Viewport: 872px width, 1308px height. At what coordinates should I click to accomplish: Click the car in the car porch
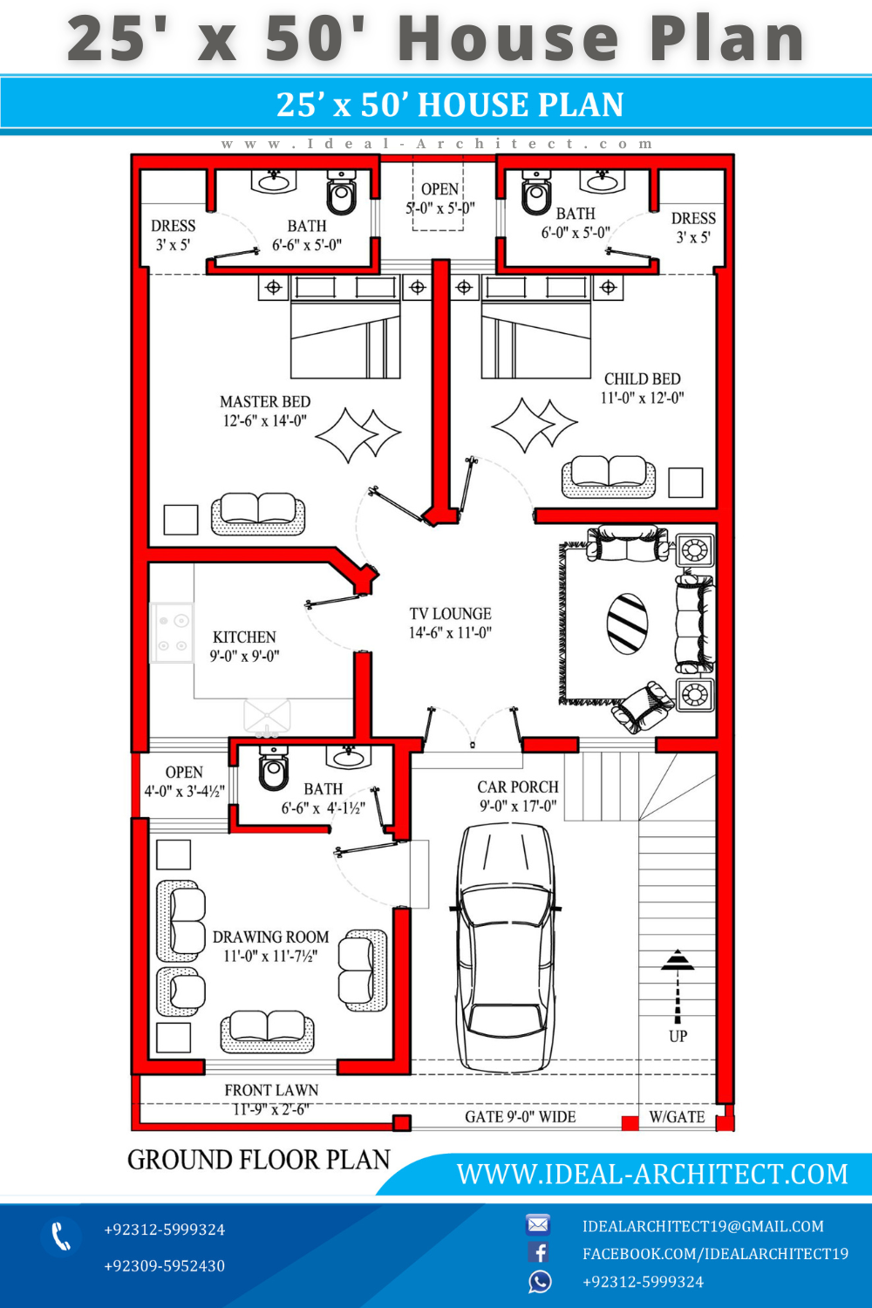point(505,947)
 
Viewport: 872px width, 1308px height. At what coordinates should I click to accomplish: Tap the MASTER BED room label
point(265,402)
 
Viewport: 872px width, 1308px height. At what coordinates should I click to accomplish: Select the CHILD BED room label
point(643,379)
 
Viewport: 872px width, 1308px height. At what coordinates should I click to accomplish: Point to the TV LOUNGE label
point(450,614)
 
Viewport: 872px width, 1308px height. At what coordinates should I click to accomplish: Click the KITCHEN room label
point(244,637)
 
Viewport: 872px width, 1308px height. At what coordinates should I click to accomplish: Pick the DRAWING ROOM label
point(270,937)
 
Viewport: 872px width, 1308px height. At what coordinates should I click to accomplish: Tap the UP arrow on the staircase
point(678,986)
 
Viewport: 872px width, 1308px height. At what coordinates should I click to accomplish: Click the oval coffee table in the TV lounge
point(627,623)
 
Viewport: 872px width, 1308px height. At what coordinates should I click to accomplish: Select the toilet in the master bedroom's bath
point(342,192)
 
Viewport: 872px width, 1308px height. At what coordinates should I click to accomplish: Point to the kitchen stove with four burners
point(173,633)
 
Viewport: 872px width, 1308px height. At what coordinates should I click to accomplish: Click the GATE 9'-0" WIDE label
point(521,1117)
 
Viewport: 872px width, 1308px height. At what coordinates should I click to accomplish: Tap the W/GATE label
point(677,1117)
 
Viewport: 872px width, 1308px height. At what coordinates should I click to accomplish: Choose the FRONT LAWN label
point(271,1090)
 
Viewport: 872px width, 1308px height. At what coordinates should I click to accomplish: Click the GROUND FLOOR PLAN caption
point(259,1160)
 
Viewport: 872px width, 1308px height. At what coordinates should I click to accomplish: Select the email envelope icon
point(538,1224)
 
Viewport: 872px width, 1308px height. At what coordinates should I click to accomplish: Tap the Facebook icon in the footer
point(539,1252)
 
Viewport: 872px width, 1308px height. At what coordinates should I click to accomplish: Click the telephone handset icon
point(61,1236)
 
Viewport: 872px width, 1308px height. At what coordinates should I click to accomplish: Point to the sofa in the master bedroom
point(258,514)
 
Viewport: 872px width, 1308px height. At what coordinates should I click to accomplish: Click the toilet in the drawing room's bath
point(273,767)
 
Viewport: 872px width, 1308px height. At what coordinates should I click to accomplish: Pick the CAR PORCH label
point(518,787)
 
